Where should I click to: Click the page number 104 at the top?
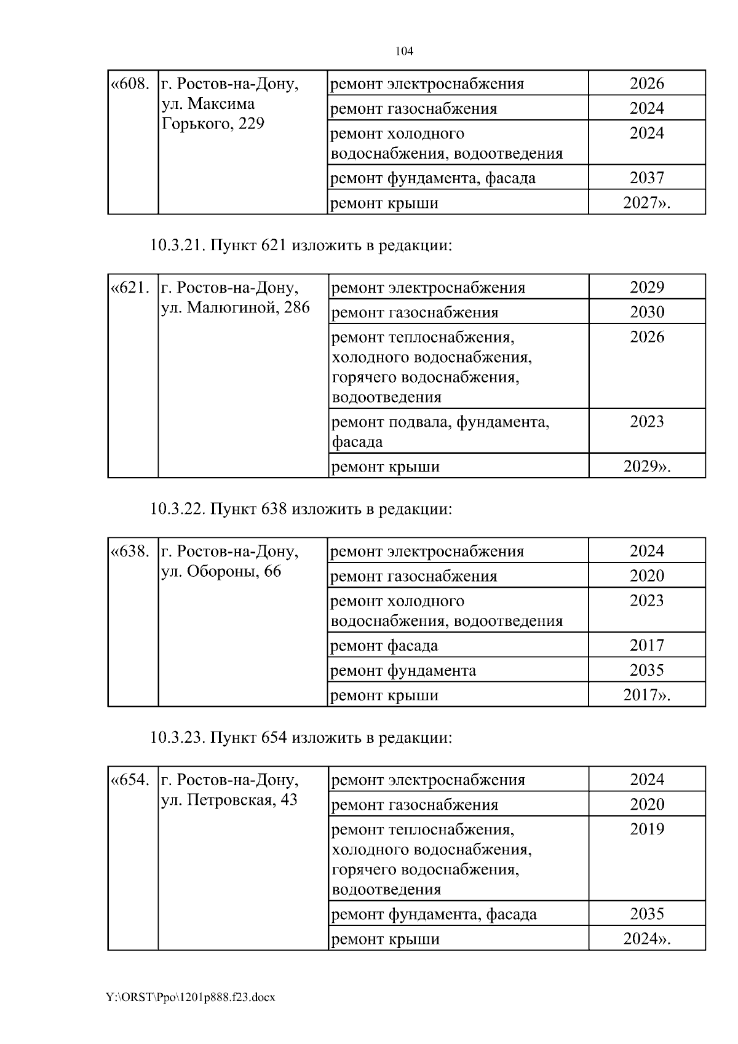coord(403,51)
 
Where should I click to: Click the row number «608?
coord(130,84)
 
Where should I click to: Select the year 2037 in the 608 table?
coord(646,178)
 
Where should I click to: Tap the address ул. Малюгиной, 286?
coord(236,307)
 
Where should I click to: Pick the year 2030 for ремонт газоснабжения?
coord(647,312)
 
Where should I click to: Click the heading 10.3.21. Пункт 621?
coord(301,246)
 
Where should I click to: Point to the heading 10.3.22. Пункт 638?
coord(301,509)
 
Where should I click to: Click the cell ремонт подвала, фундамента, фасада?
coord(440,431)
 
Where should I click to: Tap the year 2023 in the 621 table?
coord(647,422)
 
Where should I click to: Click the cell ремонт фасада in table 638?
coord(384,646)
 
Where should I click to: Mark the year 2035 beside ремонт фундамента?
coord(646,670)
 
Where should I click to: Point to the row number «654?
coord(130,780)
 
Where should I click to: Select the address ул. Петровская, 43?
coord(229,800)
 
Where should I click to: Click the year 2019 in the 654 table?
coord(647,829)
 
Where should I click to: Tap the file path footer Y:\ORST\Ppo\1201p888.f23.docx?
coord(191,997)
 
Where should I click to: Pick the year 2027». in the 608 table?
coord(646,203)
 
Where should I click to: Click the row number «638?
coord(130,552)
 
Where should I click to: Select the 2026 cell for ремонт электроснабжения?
coord(646,84)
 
